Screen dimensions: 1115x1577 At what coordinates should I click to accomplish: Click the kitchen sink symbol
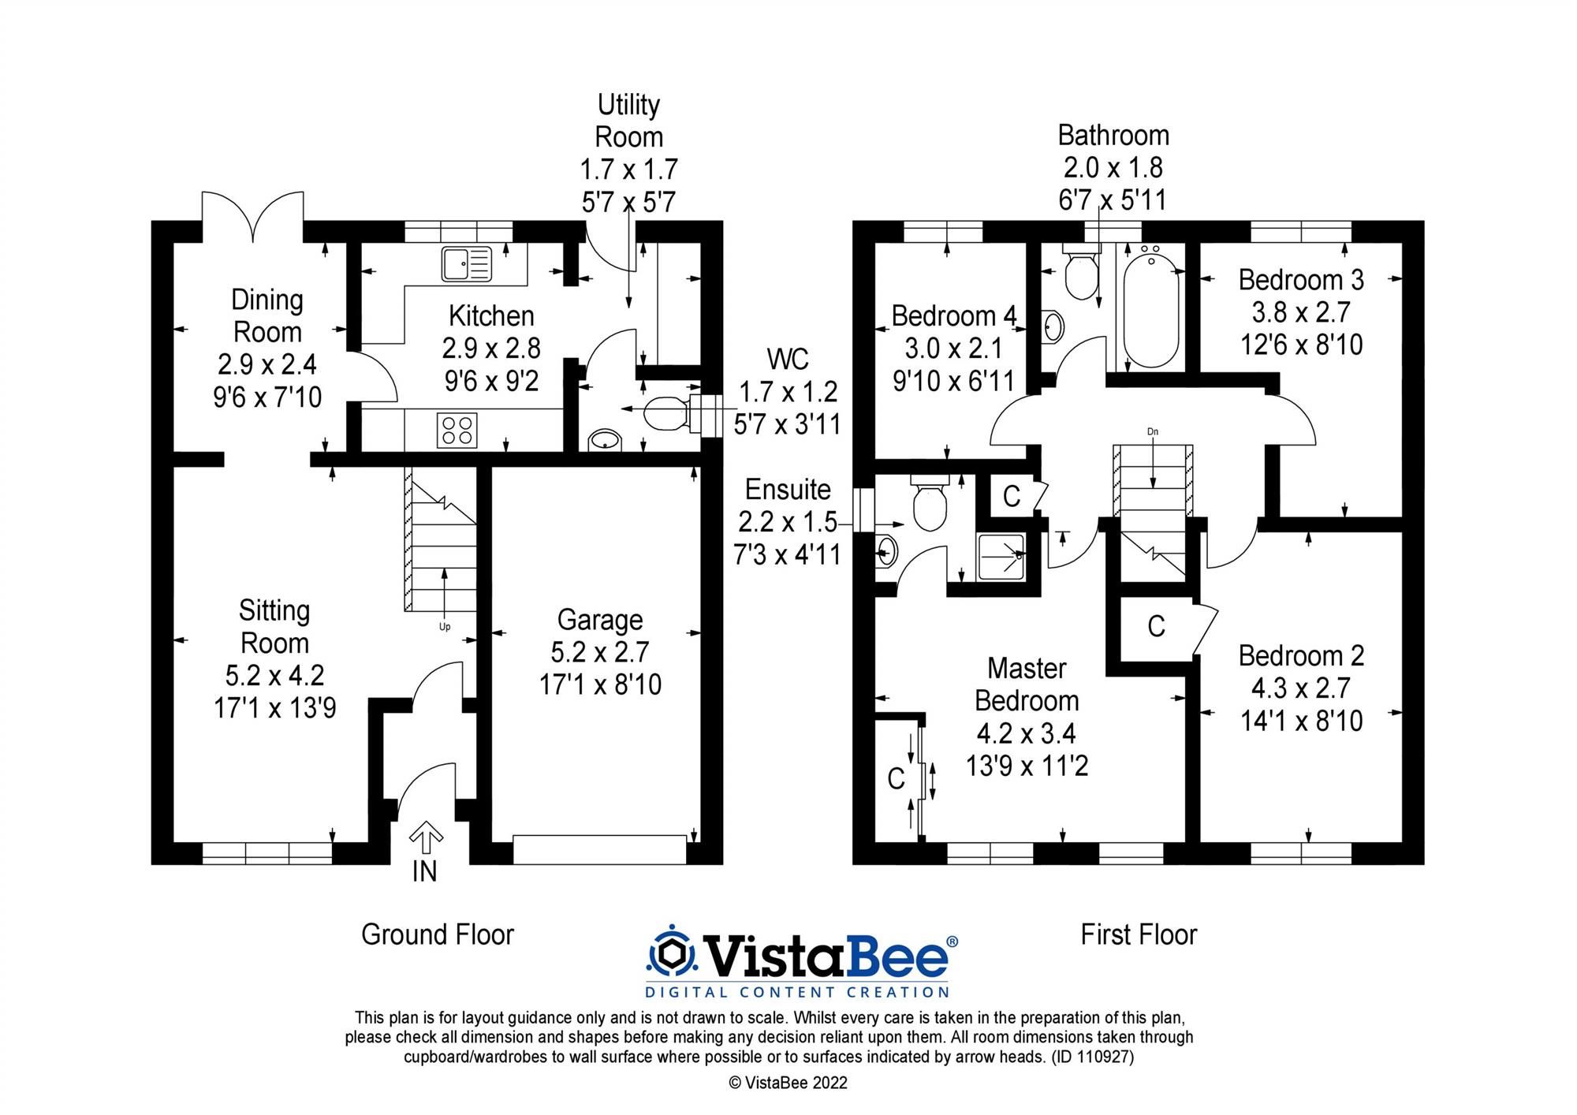(x=465, y=263)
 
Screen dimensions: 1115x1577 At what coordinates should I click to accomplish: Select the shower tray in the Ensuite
(x=1001, y=557)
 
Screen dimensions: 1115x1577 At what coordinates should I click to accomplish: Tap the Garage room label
(x=600, y=620)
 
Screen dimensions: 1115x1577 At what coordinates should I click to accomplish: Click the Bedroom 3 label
(x=1301, y=280)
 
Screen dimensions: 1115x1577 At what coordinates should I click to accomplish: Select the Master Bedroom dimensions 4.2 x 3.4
(x=1026, y=734)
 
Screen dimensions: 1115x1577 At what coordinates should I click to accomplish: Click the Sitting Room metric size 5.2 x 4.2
(x=274, y=676)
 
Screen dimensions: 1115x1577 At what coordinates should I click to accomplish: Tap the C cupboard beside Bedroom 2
(x=1156, y=627)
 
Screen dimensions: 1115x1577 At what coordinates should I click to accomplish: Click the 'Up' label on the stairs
(x=445, y=627)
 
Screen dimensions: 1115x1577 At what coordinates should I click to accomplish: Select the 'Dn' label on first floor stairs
(x=1153, y=432)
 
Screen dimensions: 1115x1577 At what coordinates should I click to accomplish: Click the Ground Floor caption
(x=438, y=935)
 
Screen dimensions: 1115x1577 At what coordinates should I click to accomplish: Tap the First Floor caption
(x=1138, y=935)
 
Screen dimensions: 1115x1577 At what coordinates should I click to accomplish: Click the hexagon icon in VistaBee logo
(x=672, y=956)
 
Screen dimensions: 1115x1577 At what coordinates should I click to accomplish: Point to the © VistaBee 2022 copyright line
(x=788, y=1083)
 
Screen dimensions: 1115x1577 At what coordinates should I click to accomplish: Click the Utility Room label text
(x=628, y=121)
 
